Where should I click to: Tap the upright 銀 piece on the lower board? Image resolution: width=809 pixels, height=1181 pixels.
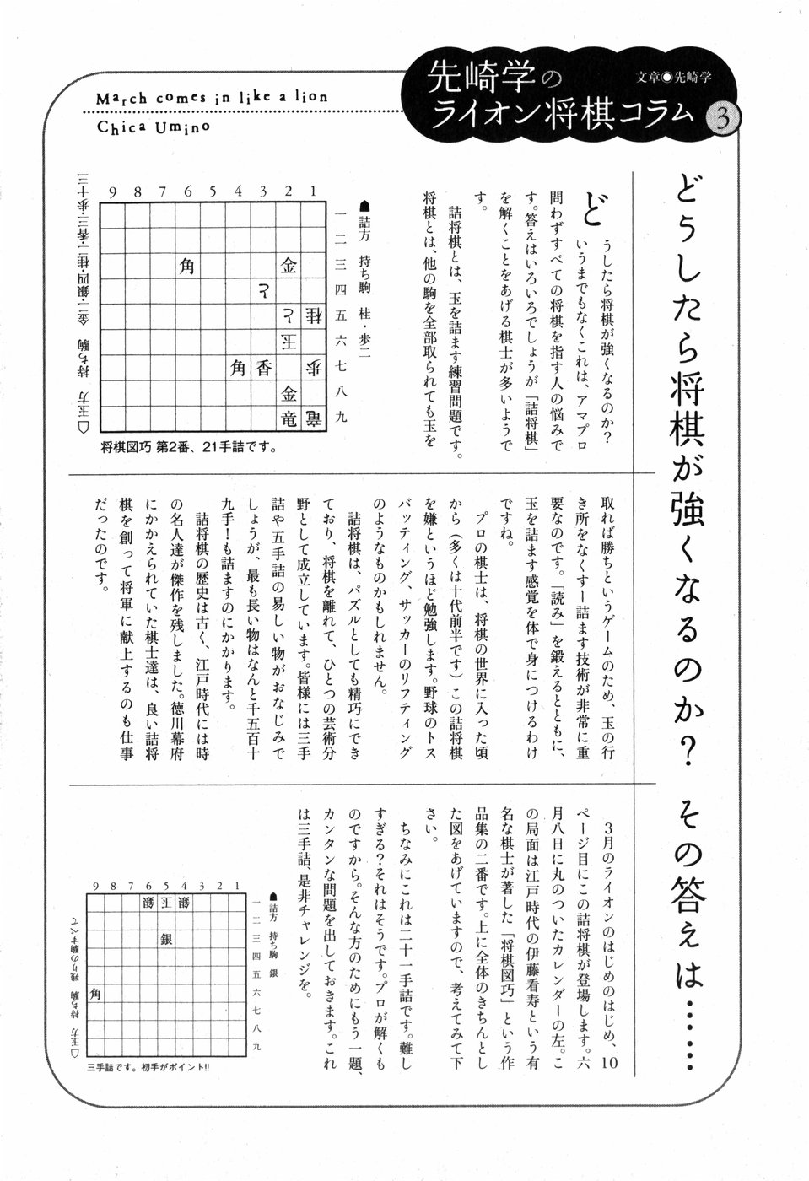coord(165,939)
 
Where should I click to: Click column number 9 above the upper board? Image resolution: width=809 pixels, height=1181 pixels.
coord(111,192)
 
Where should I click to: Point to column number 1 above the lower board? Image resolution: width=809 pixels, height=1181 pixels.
coord(237,886)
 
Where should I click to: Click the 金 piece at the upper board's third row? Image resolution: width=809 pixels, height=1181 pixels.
coord(289,267)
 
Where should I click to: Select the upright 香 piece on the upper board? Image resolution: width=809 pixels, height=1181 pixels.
coord(264,367)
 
